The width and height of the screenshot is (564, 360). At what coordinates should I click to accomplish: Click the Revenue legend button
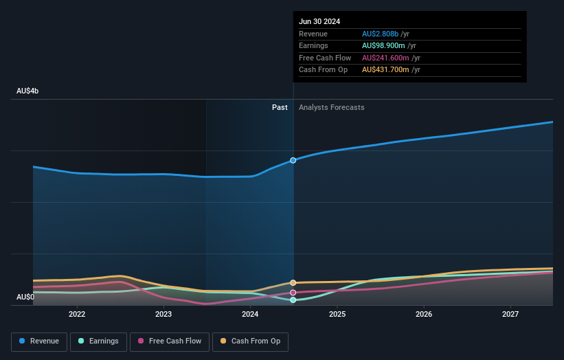point(39,341)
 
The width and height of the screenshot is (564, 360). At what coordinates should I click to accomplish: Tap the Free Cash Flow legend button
point(170,341)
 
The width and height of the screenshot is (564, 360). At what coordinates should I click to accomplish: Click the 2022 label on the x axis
point(77,314)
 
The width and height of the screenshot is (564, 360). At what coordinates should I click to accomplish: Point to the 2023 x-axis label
point(163,314)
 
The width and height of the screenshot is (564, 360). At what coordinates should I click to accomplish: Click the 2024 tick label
point(250,314)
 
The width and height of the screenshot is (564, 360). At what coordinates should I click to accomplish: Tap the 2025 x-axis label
point(337,314)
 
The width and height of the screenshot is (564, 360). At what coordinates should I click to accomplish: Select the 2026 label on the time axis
point(424,314)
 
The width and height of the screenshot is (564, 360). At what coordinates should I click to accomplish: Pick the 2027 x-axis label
point(510,314)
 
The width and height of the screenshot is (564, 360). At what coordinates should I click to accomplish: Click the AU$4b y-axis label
point(27,91)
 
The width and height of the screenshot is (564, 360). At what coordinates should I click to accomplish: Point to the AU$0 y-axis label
point(25,297)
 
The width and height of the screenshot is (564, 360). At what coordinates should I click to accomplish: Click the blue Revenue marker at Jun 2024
point(293,160)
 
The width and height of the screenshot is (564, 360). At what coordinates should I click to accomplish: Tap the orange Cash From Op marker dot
point(293,282)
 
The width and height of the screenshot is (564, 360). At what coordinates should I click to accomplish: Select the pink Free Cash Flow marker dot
point(293,293)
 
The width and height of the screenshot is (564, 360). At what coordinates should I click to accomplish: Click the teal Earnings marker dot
point(293,300)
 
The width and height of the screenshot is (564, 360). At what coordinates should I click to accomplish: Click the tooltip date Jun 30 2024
point(319,21)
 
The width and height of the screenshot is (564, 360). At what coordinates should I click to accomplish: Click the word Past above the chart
point(280,107)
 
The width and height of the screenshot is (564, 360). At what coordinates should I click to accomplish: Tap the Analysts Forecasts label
point(331,107)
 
